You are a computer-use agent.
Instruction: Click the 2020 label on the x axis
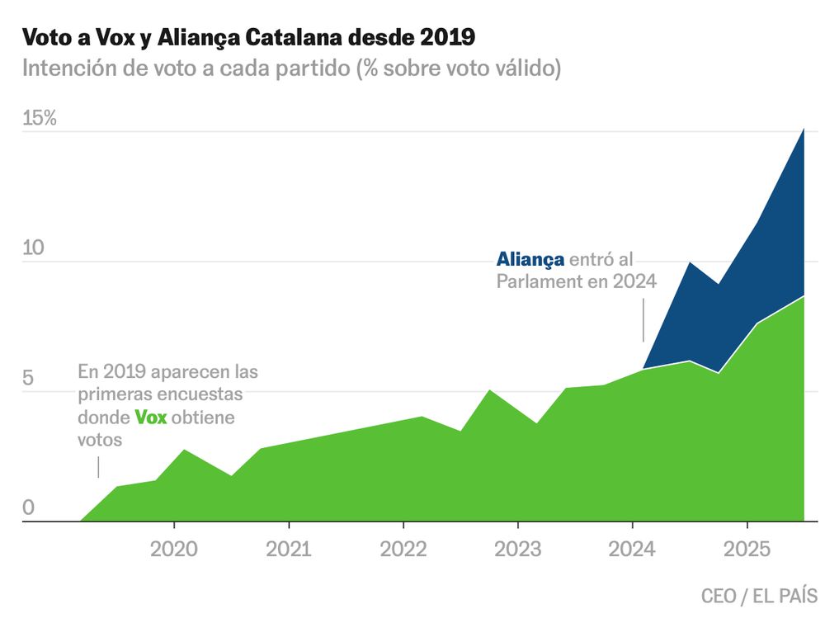[x=174, y=550]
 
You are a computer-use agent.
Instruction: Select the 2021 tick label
[x=289, y=550]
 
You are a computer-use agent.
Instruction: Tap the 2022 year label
[x=403, y=550]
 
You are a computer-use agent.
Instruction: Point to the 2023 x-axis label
[x=517, y=550]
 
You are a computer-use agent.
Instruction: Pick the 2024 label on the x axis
[x=632, y=550]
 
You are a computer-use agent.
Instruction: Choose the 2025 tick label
[x=747, y=550]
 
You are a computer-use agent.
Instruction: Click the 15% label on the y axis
[x=40, y=118]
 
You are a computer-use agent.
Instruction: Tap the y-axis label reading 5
[x=28, y=379]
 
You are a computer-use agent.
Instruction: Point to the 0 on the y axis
[x=28, y=508]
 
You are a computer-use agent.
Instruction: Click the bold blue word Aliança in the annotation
[x=530, y=259]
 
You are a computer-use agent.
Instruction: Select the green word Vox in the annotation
[x=151, y=418]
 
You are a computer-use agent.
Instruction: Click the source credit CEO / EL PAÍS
[x=759, y=595]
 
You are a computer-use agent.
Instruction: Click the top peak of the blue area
[x=804, y=130]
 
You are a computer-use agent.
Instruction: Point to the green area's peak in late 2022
[x=490, y=390]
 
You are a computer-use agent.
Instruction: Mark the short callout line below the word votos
[x=98, y=466]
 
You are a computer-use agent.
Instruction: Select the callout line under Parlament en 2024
[x=643, y=320]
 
